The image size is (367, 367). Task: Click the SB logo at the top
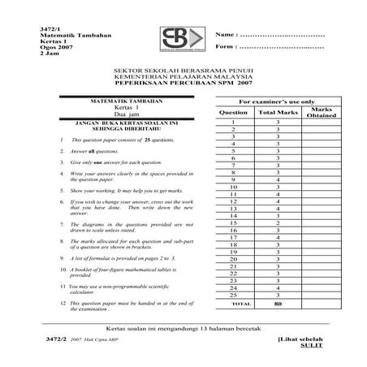coord(182,39)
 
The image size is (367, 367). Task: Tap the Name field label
coord(227,36)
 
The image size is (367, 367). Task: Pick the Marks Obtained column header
coord(322,111)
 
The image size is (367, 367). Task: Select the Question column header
coord(233,111)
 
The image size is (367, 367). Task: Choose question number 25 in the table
coord(233,295)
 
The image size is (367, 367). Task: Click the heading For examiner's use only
coord(276,100)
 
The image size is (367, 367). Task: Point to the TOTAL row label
coord(233,303)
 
